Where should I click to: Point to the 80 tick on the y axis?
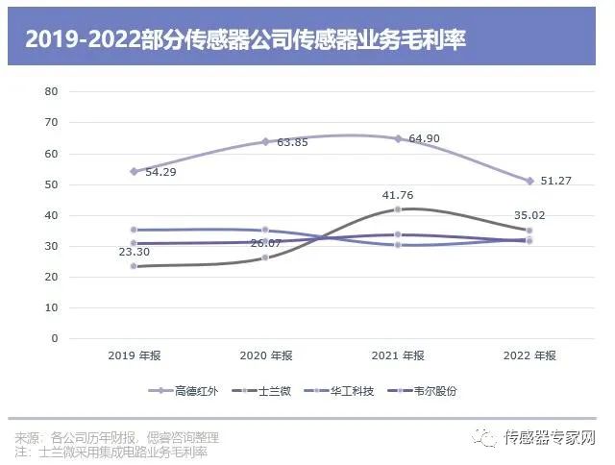click(x=52, y=91)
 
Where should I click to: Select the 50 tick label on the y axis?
click(x=52, y=184)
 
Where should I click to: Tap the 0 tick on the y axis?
click(x=55, y=339)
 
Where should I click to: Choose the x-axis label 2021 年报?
click(x=397, y=355)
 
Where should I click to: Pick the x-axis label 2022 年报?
click(x=529, y=355)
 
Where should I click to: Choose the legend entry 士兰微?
click(x=276, y=391)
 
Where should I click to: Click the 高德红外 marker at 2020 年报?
click(x=265, y=141)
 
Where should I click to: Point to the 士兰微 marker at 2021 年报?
click(x=397, y=209)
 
